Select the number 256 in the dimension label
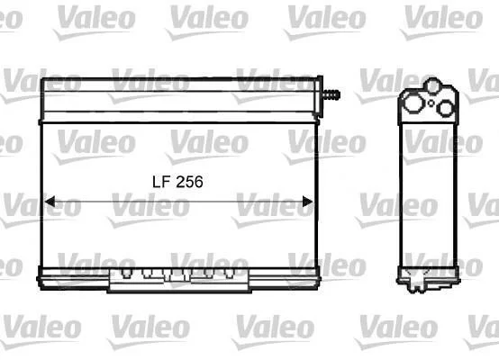[189, 182]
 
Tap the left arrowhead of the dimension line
[50, 202]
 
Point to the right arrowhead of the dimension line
[307, 202]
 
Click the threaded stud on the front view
[331, 94]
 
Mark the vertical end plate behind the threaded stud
[318, 96]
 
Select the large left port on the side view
[413, 103]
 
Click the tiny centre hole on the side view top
[431, 103]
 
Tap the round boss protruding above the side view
[433, 85]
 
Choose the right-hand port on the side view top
[446, 108]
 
